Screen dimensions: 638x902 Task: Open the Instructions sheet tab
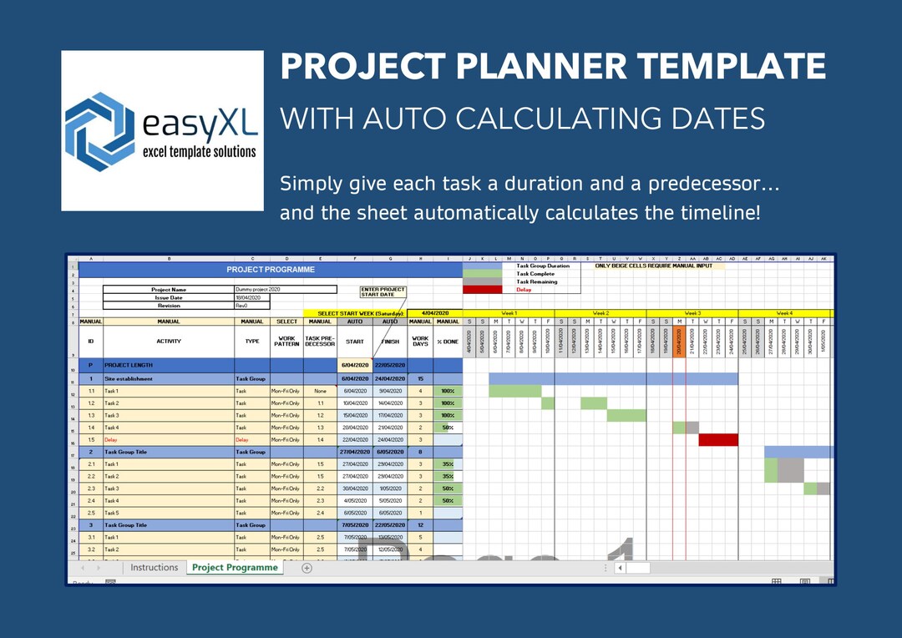point(154,568)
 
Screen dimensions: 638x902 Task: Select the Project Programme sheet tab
point(235,568)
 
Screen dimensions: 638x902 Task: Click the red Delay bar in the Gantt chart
point(718,439)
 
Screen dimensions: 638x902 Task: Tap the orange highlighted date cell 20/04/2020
point(679,341)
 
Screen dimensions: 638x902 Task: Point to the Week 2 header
point(600,312)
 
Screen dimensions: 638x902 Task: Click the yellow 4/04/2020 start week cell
point(434,313)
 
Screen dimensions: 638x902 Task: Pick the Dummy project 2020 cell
point(285,290)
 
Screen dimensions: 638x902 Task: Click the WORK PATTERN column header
point(286,341)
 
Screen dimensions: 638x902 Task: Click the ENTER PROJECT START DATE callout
point(383,291)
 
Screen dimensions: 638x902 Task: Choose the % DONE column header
point(448,341)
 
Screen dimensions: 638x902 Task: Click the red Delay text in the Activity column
point(111,439)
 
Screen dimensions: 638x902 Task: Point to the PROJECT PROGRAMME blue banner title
point(271,270)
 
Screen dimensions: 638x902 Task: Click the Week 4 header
point(784,312)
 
